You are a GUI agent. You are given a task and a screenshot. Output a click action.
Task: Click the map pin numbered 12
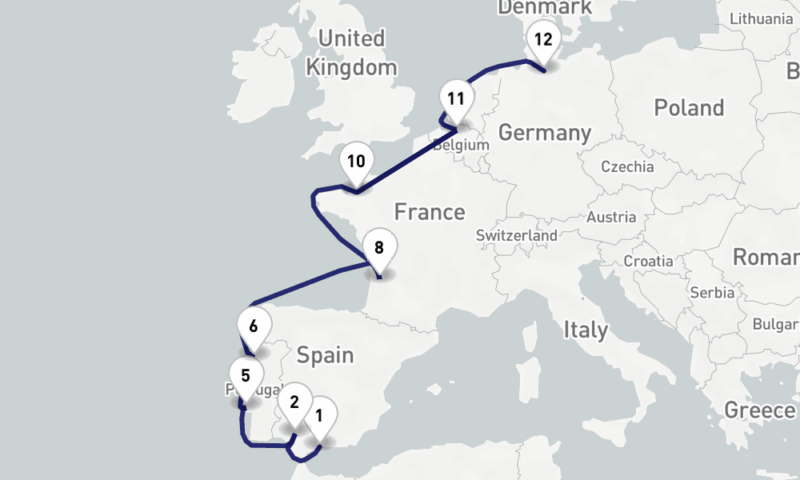[x=543, y=40]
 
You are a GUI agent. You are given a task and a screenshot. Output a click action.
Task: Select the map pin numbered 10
[x=356, y=162]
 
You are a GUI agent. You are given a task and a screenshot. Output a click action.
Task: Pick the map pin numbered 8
[x=379, y=248]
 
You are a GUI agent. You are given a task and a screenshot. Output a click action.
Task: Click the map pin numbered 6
[x=254, y=327]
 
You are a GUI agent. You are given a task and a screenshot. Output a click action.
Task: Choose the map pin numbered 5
[x=245, y=376]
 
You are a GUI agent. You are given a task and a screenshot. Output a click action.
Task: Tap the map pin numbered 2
[x=294, y=402]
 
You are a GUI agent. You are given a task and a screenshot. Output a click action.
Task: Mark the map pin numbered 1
[x=319, y=416]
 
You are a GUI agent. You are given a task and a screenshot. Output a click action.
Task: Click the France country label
[x=430, y=212]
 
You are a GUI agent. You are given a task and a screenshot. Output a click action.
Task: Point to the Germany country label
[x=544, y=133]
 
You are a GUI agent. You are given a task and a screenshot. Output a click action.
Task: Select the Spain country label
[x=325, y=354]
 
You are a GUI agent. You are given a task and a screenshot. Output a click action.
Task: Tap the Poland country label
[x=689, y=108]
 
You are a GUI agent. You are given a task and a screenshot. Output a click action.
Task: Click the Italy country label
[x=586, y=330]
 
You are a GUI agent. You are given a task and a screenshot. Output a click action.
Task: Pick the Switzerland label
[x=517, y=236]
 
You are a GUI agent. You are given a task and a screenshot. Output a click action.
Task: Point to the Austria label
[x=611, y=217]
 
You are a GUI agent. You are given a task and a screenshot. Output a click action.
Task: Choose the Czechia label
[x=627, y=167]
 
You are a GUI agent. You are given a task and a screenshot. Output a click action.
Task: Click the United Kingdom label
[x=351, y=52]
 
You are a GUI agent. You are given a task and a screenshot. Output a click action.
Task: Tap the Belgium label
[x=460, y=146]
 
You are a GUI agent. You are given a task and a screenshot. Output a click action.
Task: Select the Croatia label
[x=648, y=261]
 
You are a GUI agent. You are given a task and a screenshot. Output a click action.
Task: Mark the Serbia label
[x=711, y=292]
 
